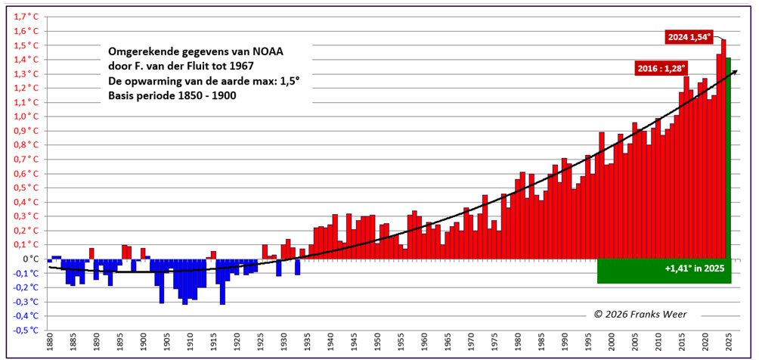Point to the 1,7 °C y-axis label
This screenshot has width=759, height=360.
[26, 17]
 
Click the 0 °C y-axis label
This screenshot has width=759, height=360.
[30, 259]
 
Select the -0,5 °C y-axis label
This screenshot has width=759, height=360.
[25, 331]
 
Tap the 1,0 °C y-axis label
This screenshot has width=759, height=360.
[26, 116]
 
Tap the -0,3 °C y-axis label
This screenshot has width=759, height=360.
[25, 302]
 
